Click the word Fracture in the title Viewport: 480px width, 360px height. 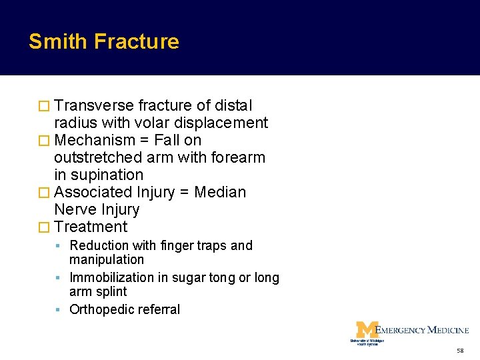tap(137, 41)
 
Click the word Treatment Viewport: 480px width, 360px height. tap(91, 227)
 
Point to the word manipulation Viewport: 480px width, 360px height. tap(107, 259)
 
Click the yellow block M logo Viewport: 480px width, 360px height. tap(366, 329)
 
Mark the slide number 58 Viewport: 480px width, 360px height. tap(460, 351)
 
